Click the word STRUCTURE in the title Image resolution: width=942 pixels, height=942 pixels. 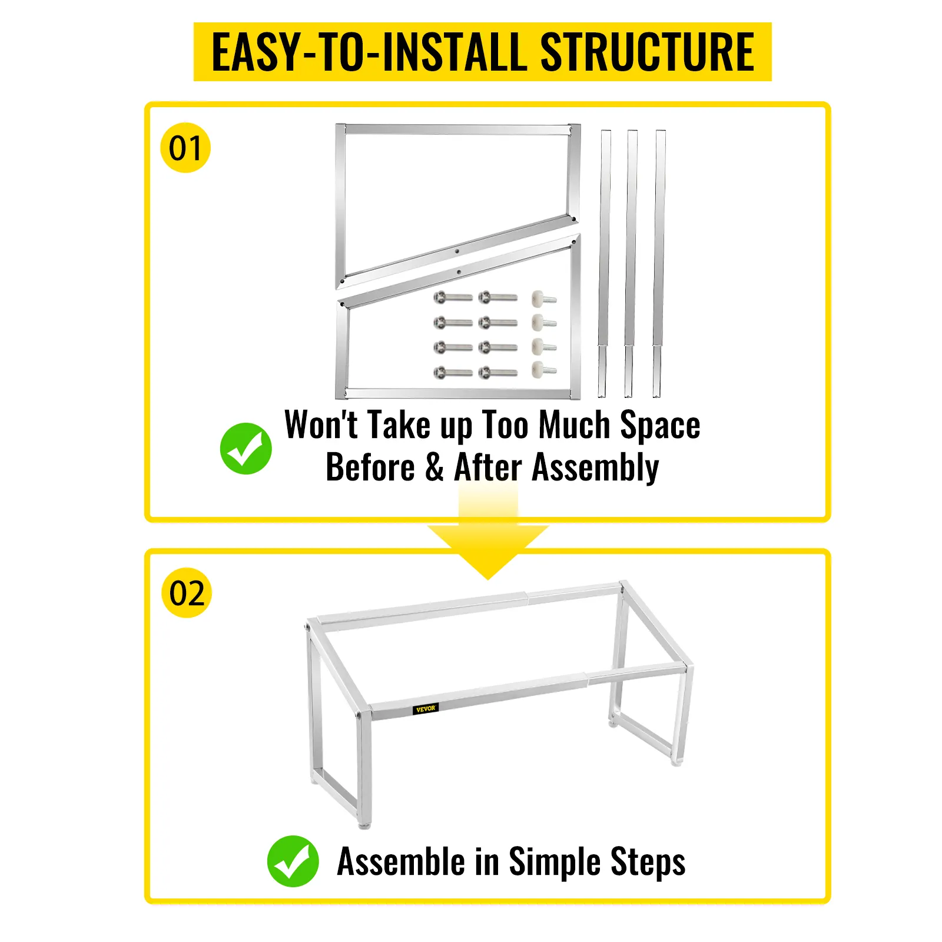click(x=646, y=52)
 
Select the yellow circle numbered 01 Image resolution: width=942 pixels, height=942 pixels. click(x=185, y=148)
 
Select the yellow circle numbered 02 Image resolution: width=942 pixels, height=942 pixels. click(x=187, y=592)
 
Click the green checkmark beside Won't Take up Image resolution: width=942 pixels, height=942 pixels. click(x=246, y=448)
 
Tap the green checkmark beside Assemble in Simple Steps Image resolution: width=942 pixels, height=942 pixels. click(x=293, y=861)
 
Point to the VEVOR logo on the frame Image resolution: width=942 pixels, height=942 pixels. click(x=425, y=708)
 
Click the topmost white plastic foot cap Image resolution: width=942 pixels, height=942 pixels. click(x=543, y=298)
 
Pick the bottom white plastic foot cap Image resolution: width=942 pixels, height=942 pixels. click(x=543, y=370)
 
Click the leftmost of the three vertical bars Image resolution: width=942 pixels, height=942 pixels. click(x=604, y=263)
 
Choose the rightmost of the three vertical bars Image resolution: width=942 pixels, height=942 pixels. click(x=659, y=263)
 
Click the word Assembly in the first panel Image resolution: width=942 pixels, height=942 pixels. click(x=595, y=468)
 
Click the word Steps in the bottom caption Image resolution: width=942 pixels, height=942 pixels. click(x=648, y=863)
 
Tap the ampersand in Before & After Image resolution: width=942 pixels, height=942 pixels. click(x=434, y=467)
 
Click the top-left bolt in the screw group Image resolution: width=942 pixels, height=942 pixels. click(x=453, y=298)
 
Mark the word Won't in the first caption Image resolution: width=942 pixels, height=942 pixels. click(x=321, y=424)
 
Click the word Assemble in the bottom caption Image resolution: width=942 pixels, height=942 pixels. click(x=401, y=862)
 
